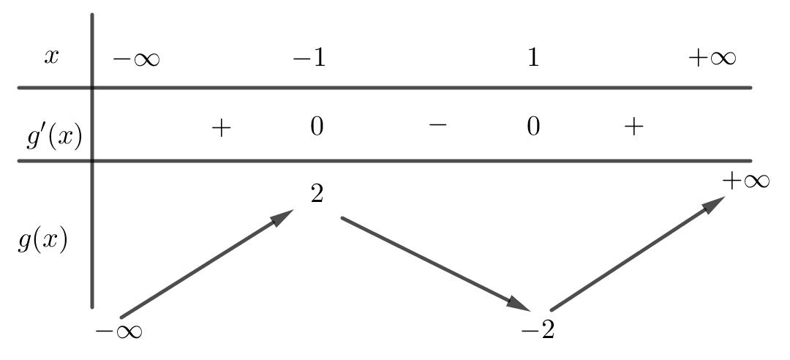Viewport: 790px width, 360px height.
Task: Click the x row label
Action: (x=50, y=58)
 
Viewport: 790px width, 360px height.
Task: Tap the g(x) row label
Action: (x=42, y=241)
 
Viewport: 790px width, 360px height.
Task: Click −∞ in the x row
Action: (x=136, y=59)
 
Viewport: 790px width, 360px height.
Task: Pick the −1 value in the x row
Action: (x=309, y=59)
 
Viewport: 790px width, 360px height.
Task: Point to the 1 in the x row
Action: (x=533, y=59)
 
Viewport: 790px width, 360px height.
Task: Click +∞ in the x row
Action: (x=712, y=59)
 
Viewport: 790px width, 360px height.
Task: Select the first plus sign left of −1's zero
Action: (x=221, y=127)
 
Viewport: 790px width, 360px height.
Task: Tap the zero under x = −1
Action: (x=316, y=127)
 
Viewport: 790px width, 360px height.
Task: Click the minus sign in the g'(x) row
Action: (x=437, y=125)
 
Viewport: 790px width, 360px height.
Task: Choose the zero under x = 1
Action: (x=533, y=127)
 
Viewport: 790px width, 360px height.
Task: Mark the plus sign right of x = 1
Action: (x=633, y=127)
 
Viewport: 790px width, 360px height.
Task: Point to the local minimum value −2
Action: (x=538, y=331)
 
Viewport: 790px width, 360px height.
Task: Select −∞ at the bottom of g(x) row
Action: (x=118, y=331)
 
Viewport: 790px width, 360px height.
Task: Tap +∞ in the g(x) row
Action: (x=746, y=181)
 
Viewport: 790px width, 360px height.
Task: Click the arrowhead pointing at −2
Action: (x=520, y=303)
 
